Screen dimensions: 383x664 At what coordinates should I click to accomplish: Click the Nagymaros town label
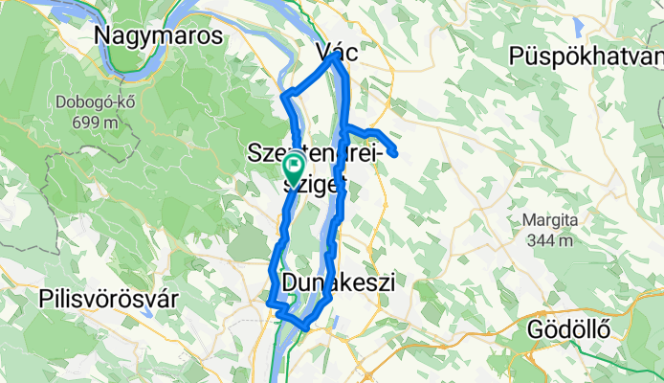(x=158, y=36)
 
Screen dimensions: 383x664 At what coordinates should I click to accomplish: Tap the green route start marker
(x=294, y=168)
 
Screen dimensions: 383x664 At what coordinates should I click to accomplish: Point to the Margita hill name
(x=550, y=220)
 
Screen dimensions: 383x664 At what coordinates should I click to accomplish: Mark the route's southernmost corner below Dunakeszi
(x=306, y=327)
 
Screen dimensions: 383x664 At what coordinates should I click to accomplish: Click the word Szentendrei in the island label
(x=315, y=151)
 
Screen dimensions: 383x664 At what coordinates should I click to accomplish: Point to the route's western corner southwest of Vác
(x=282, y=95)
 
